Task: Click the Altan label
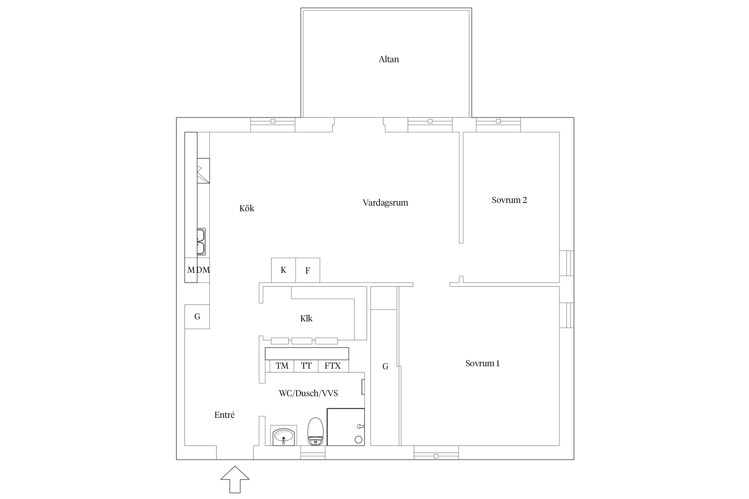388,59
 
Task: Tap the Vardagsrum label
385,203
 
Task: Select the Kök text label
247,208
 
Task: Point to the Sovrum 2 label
509,200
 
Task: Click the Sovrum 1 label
482,363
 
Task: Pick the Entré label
224,415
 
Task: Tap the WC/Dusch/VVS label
308,393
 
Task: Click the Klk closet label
306,318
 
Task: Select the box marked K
283,270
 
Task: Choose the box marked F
308,270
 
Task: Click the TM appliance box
282,366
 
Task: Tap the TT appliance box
306,366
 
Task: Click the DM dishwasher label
203,270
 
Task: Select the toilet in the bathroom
315,431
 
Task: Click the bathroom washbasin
283,435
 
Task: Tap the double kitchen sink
201,242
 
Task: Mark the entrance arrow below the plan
235,479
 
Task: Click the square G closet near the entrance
197,317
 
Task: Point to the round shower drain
359,439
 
